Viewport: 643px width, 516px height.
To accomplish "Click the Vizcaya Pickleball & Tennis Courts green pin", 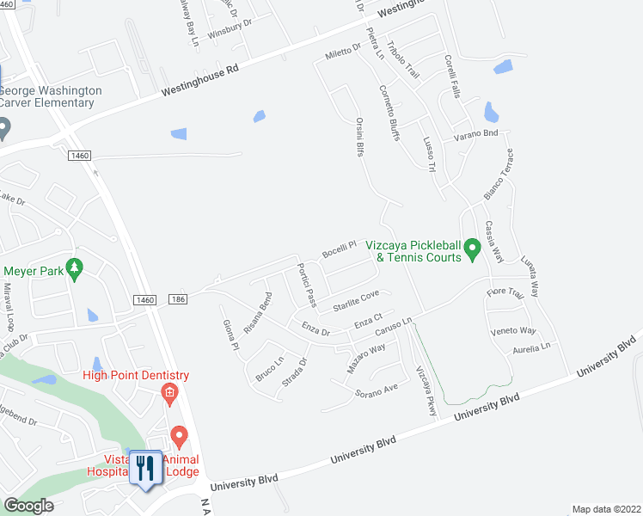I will [x=471, y=251].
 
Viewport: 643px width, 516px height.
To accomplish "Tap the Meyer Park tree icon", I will [x=75, y=270].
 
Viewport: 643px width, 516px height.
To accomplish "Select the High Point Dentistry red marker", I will [x=168, y=395].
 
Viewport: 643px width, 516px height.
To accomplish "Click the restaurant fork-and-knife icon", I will [x=144, y=468].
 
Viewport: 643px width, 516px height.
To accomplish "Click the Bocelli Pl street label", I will [x=339, y=251].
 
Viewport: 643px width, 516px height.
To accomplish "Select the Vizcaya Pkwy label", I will [x=426, y=390].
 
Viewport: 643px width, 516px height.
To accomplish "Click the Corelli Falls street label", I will [x=454, y=77].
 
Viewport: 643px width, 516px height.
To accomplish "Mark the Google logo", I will [x=29, y=506].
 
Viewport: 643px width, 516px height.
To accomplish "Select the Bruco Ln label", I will [x=269, y=370].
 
